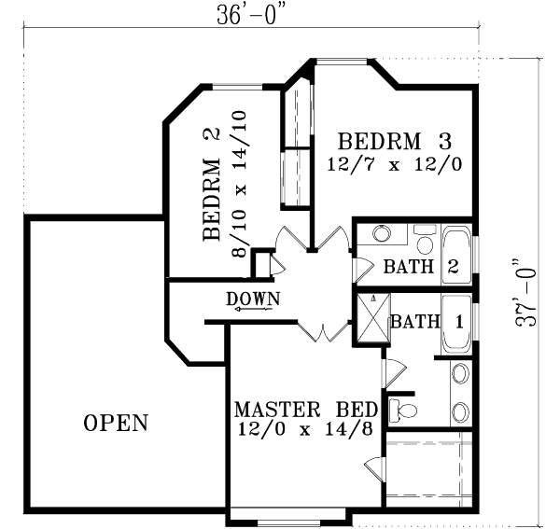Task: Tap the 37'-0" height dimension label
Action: pyautogui.click(x=528, y=293)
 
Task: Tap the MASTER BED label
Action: pyautogui.click(x=305, y=410)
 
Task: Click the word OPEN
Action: pyautogui.click(x=116, y=423)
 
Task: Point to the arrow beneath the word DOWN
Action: pyautogui.click(x=249, y=312)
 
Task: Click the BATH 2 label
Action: pyautogui.click(x=421, y=267)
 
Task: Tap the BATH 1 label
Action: pyautogui.click(x=427, y=322)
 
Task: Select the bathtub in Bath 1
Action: pyautogui.click(x=455, y=325)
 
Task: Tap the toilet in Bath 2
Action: pyautogui.click(x=425, y=242)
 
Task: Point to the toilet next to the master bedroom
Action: pyautogui.click(x=401, y=409)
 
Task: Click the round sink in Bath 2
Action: pyautogui.click(x=382, y=234)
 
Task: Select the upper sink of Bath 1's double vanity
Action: pyautogui.click(x=460, y=375)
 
